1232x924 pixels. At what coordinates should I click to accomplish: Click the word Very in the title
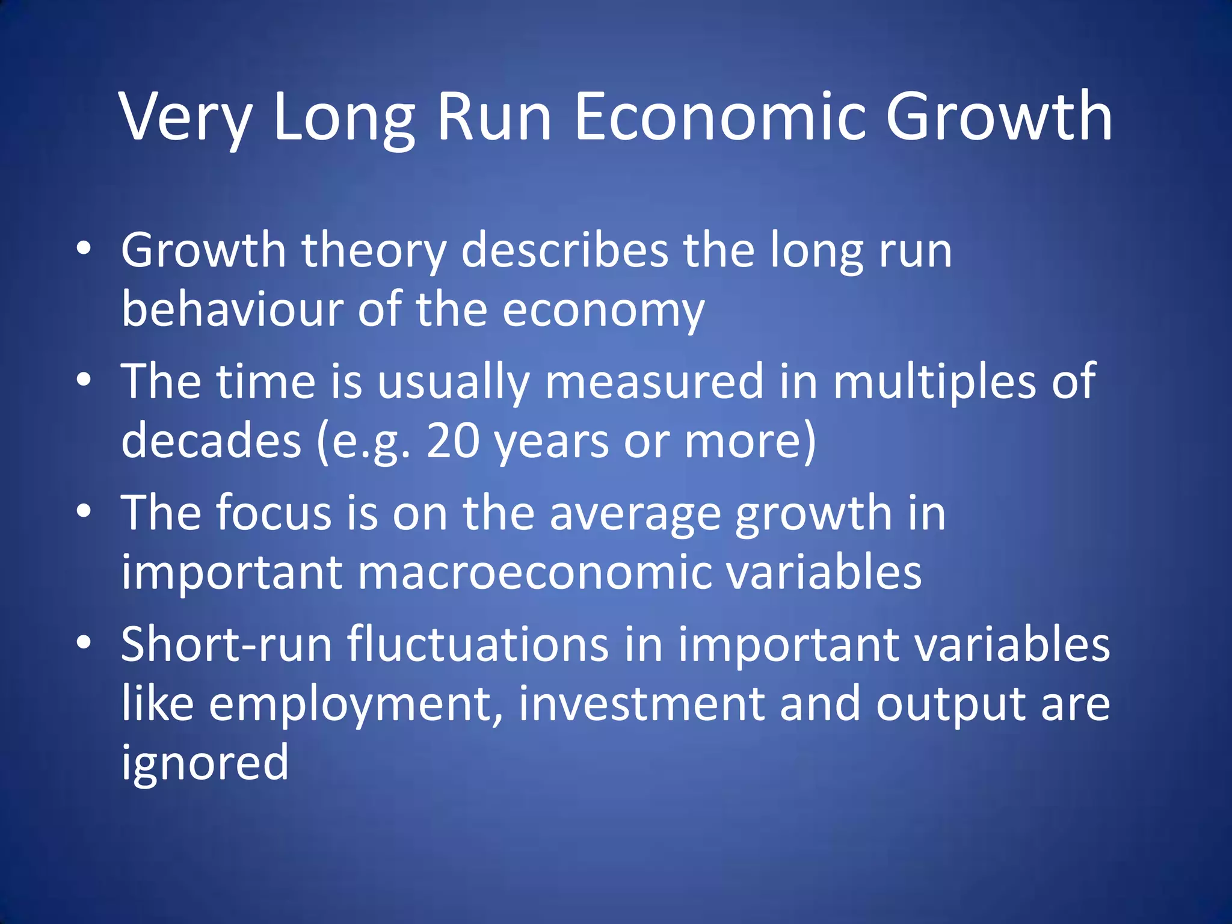[186, 117]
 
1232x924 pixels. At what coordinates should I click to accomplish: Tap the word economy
[603, 311]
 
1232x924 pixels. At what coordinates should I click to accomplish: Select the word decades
[211, 440]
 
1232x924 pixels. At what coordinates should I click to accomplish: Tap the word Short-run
[226, 644]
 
